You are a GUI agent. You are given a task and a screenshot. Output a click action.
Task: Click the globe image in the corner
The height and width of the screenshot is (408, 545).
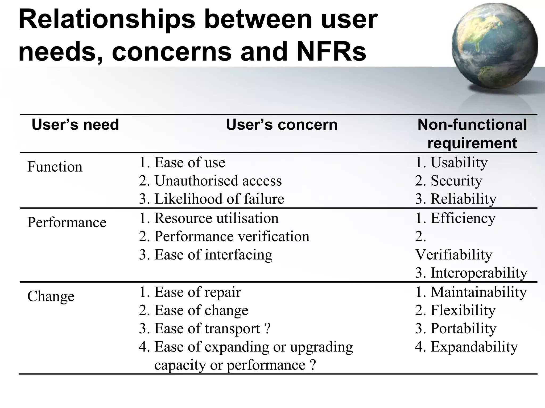(494, 46)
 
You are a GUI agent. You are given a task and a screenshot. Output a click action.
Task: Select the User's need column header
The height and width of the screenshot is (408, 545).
(75, 125)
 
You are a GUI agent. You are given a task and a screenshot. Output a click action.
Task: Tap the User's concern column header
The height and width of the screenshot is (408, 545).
(282, 125)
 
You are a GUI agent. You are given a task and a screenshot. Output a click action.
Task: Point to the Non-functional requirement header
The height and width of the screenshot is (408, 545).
(472, 134)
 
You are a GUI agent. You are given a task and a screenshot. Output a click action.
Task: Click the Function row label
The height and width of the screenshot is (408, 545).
(55, 167)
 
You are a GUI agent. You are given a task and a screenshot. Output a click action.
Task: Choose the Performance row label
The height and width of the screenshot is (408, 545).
(67, 222)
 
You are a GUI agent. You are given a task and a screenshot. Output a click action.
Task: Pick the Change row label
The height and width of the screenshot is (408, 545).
(51, 296)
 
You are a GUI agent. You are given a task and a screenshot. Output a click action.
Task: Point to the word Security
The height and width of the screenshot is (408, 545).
(456, 181)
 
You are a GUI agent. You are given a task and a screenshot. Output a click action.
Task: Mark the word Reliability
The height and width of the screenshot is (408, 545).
(463, 199)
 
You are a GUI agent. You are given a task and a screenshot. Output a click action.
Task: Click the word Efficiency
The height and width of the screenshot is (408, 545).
(463, 218)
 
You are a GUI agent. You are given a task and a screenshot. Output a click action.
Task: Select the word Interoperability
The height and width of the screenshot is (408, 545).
(479, 273)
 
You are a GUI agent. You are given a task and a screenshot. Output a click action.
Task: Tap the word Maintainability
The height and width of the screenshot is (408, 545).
(478, 292)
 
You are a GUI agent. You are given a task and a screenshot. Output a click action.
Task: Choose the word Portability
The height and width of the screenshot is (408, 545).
(463, 328)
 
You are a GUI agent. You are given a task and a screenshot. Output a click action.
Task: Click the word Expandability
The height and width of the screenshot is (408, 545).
(474, 347)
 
